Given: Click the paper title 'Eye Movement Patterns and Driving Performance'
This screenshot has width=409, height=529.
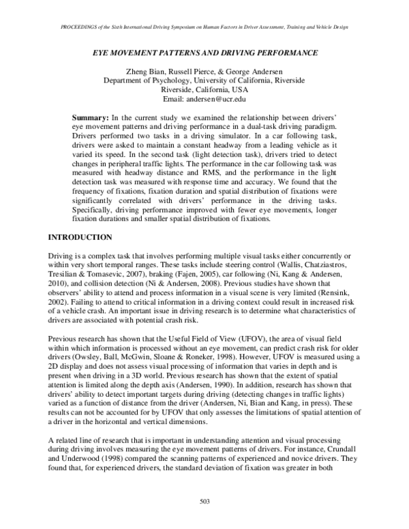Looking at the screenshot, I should point(204,52).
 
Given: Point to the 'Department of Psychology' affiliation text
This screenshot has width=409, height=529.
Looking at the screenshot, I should point(147,79).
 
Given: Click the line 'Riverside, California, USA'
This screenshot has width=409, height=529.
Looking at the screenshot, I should point(204,88).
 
